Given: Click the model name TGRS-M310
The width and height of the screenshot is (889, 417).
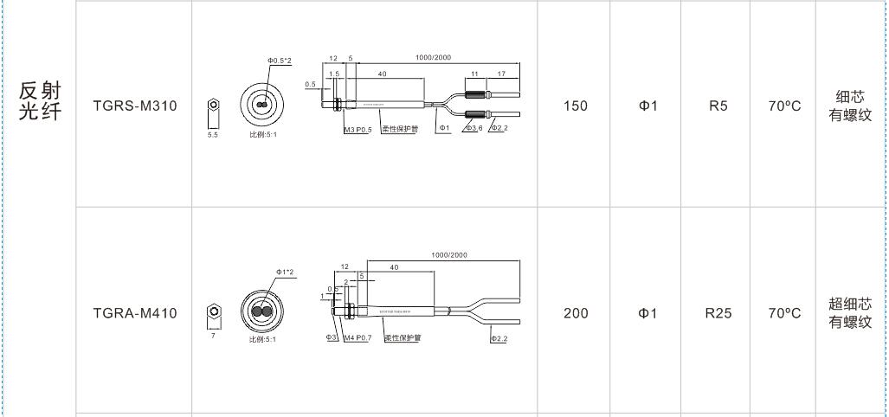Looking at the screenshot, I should pos(134,106).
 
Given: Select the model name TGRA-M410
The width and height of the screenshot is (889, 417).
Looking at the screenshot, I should pos(134,313).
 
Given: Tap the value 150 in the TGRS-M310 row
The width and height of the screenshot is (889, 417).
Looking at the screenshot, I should pos(576,106).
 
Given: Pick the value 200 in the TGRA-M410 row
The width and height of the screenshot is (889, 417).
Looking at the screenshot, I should pos(576,313).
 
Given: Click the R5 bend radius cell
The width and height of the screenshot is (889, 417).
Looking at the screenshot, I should pos(718,106).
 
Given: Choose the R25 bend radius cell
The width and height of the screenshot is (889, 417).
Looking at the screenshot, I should pos(718,313).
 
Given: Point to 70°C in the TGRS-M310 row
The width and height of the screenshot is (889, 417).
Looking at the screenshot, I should pos(784,106).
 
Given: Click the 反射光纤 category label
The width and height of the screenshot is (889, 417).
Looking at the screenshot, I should pos(40,101).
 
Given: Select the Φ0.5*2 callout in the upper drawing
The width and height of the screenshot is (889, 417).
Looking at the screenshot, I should pos(280,60).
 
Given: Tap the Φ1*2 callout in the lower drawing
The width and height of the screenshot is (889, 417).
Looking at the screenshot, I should pos(285,273).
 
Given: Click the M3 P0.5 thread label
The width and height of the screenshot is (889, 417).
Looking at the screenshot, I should pos(358,130).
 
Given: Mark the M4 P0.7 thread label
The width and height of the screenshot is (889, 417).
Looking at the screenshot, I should pos(357,337).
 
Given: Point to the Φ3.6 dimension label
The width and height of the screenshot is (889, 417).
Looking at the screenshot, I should pos(473,129).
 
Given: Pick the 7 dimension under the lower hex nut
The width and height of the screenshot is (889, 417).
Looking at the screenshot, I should pos(213,335).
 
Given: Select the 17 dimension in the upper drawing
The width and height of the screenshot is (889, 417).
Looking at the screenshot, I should pos(502,74).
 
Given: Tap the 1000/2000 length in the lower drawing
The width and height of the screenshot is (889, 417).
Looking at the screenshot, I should pos(448,255).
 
